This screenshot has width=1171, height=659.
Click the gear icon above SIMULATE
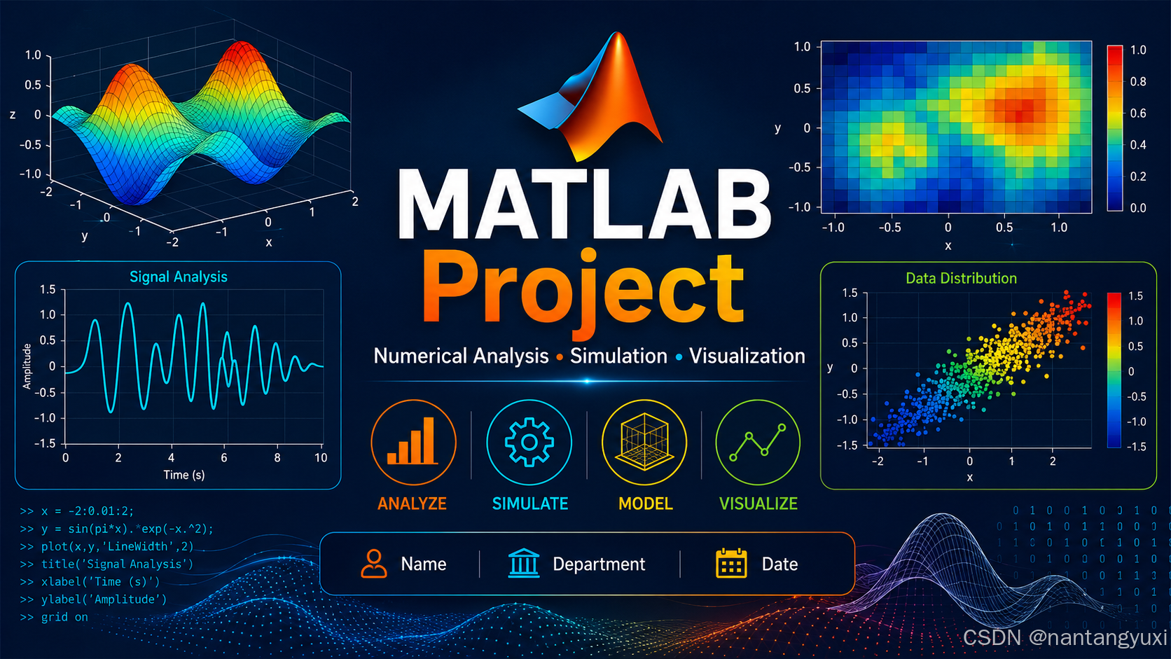pos(529,442)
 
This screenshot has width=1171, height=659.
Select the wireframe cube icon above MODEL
pos(644,442)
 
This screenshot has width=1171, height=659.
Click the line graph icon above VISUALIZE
pos(758,443)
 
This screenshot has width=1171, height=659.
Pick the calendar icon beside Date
pos(731,563)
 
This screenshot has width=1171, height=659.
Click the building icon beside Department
pos(523,563)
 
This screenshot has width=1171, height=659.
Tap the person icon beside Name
pos(374,563)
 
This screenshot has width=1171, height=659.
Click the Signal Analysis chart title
pos(179,277)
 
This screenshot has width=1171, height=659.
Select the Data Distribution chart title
pos(961,278)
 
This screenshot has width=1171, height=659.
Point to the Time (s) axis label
pos(184,475)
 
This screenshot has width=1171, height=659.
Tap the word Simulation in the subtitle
pos(618,356)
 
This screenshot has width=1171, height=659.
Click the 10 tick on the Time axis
pos(321,458)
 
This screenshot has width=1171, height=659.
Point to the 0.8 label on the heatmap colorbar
pos(1138,81)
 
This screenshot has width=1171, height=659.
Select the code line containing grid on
pos(54,617)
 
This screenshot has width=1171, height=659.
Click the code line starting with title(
pos(106,564)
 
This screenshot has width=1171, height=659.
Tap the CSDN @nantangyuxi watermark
pos(1065,637)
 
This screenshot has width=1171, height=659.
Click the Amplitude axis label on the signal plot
pos(27,366)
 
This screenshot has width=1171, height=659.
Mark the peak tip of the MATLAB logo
pos(618,32)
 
